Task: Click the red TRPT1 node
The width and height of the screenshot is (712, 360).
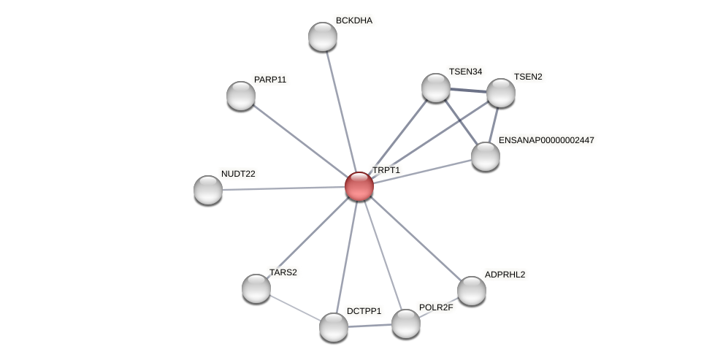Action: click(359, 186)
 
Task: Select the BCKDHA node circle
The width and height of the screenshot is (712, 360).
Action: click(322, 37)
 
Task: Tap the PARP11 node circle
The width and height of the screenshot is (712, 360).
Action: click(240, 96)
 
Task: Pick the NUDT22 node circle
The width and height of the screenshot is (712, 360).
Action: click(208, 190)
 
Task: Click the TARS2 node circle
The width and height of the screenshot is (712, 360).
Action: click(256, 288)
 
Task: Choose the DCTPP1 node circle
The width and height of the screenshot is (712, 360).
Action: click(334, 326)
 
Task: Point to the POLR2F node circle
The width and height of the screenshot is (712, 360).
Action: click(406, 323)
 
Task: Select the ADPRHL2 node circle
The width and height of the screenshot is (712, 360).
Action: click(472, 290)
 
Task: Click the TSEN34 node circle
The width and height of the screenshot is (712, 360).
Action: click(436, 88)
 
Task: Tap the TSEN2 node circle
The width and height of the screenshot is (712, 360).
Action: click(501, 93)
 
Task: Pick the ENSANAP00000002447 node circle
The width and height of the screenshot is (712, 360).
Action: click(486, 156)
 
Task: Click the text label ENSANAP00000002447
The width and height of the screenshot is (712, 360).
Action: click(546, 139)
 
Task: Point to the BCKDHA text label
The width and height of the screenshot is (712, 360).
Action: click(354, 20)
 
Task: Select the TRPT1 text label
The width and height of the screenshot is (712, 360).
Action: click(386, 170)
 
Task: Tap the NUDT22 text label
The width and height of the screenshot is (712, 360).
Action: click(238, 174)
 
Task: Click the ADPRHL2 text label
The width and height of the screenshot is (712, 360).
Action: click(505, 275)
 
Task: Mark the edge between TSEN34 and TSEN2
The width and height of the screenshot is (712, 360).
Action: click(468, 91)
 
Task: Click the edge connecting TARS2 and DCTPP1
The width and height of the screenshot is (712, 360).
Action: click(295, 307)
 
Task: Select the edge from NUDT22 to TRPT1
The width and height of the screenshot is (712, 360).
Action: click(283, 188)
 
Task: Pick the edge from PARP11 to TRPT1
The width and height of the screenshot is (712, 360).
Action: click(299, 141)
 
